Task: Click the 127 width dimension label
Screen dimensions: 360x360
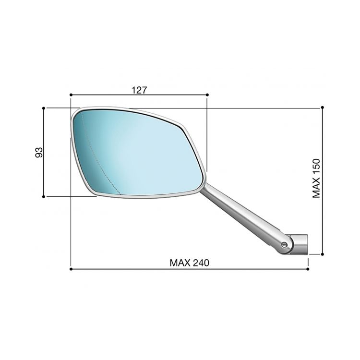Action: [x=139, y=89]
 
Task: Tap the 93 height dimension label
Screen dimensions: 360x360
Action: [x=39, y=152]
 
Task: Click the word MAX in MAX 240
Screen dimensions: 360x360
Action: [x=180, y=263]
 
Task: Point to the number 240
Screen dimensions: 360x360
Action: [x=202, y=263]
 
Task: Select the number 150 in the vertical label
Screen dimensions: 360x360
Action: [x=316, y=168]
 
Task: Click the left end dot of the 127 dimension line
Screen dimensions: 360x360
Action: [x=70, y=95]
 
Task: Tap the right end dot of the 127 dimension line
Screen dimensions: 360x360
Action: [x=207, y=95]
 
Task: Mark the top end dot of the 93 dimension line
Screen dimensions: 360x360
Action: [x=44, y=108]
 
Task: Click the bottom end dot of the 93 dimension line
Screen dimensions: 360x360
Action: [x=44, y=196]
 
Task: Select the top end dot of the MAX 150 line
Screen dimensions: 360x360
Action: [x=323, y=108]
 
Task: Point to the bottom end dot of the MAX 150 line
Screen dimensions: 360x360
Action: [x=323, y=254]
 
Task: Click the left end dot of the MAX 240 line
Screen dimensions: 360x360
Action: [x=71, y=269]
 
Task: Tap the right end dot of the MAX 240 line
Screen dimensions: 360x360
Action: [x=308, y=269]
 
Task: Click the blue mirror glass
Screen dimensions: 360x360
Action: [x=144, y=154]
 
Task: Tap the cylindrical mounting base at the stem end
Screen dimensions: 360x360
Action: [x=299, y=243]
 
